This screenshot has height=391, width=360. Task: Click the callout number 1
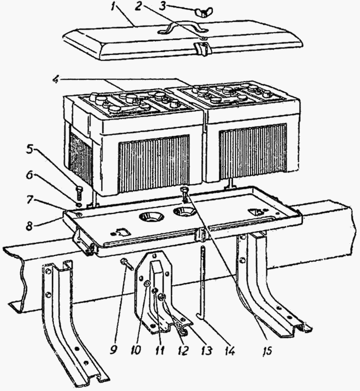114,7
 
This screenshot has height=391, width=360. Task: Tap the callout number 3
163,6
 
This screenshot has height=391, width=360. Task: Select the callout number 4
56,79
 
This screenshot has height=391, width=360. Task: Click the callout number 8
30,226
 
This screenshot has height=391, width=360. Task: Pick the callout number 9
113,350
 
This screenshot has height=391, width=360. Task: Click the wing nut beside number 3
203,13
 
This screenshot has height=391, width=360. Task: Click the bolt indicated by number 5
79,192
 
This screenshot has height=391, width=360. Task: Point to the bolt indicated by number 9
127,265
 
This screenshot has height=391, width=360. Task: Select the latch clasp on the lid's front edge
203,48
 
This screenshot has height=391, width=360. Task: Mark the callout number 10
135,350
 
